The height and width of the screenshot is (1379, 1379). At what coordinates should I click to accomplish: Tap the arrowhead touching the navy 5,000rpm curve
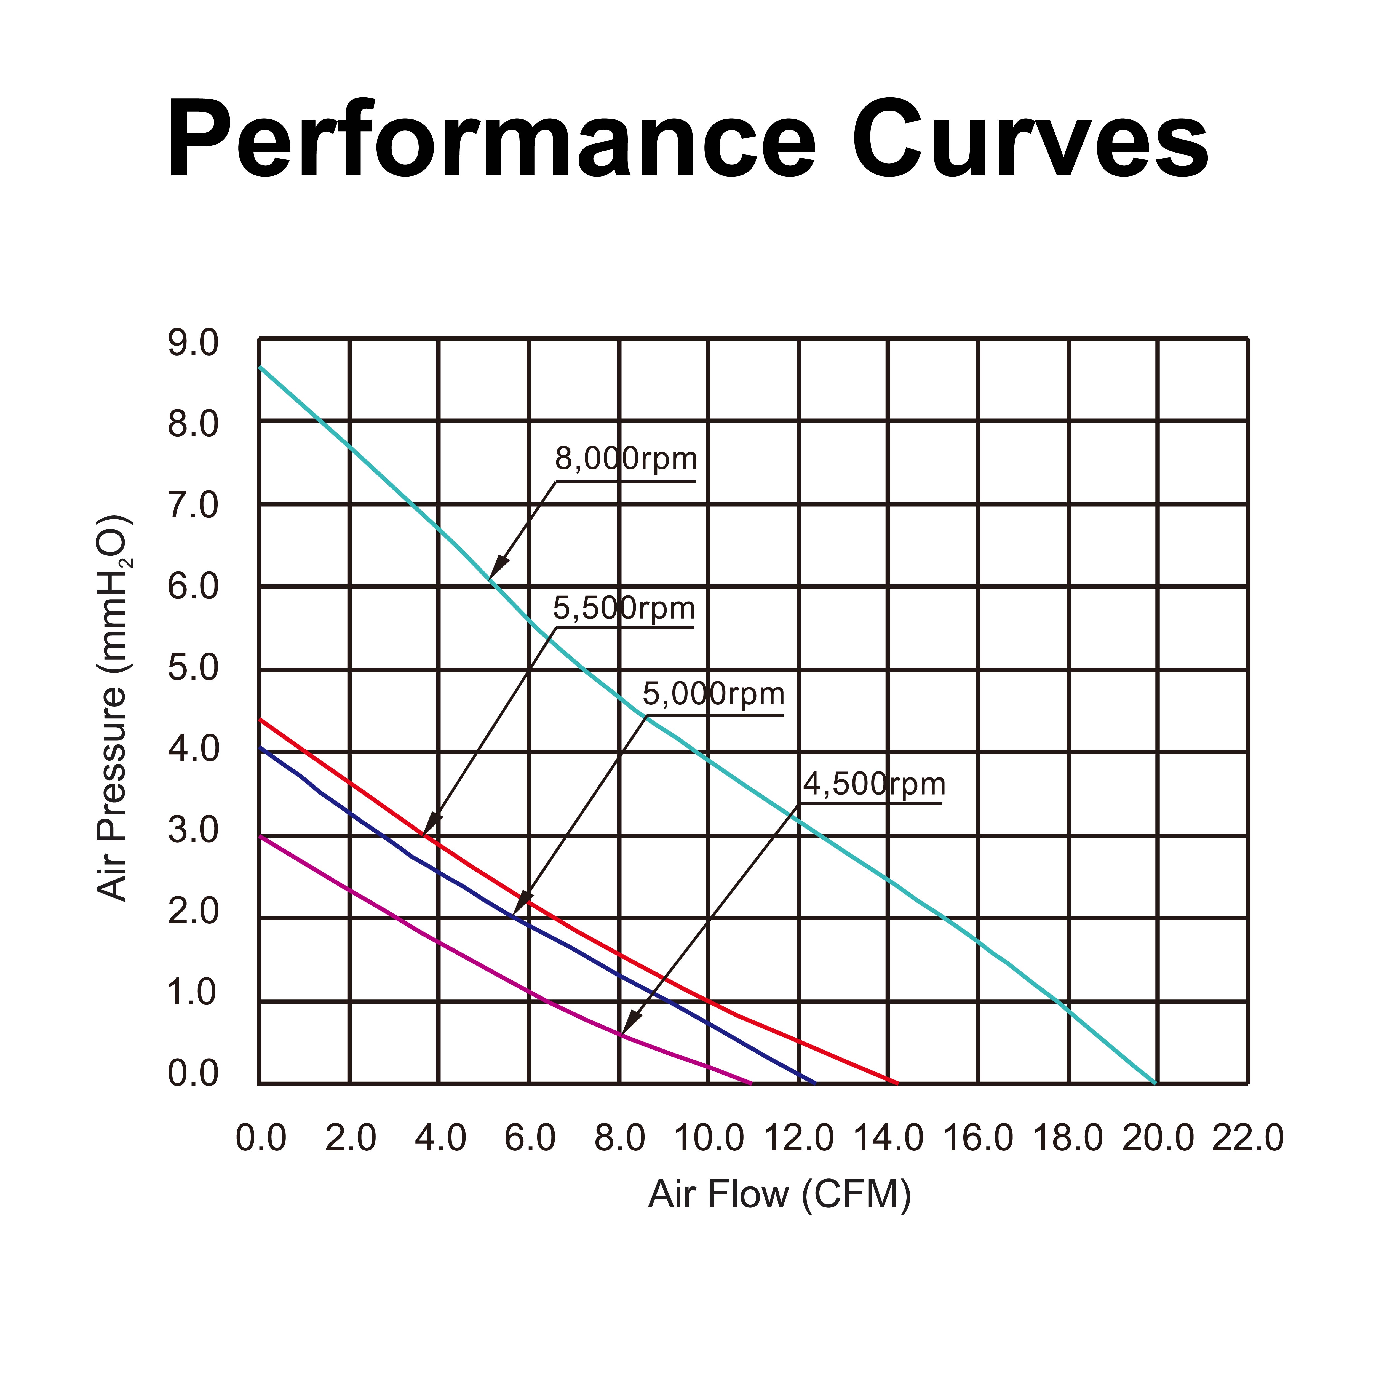(520, 905)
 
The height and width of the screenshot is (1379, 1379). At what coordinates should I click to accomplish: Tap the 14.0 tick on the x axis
(888, 1137)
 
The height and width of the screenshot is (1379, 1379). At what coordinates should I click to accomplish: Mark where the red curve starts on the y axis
(260, 720)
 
